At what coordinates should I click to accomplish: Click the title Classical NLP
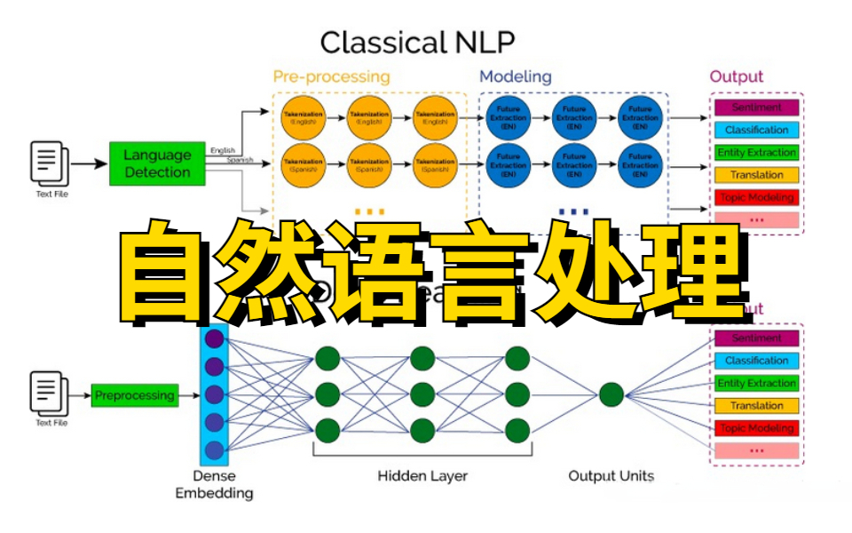click(417, 42)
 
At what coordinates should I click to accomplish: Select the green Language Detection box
click(157, 163)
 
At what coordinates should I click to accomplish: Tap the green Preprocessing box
click(134, 395)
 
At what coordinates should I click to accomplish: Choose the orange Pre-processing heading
click(331, 76)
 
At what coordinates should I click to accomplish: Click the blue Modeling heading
click(515, 76)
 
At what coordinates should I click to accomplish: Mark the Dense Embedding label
click(213, 484)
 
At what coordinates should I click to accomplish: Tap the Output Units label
click(611, 476)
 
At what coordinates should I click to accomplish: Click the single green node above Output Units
click(611, 394)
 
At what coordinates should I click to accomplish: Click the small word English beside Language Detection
click(223, 150)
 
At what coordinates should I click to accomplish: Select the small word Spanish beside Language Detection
click(240, 160)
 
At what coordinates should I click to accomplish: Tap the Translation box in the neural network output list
click(756, 406)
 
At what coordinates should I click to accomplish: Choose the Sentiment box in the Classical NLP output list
click(756, 107)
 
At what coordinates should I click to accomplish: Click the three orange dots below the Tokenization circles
click(369, 211)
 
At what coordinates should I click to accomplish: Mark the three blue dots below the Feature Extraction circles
click(574, 211)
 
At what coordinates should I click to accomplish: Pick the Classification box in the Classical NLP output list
click(756, 130)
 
